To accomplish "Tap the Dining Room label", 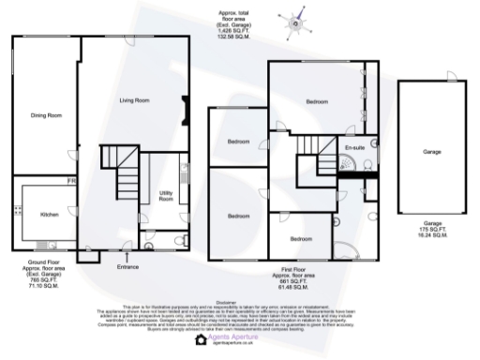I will tap(46, 115).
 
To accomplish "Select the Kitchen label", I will tap(50, 213).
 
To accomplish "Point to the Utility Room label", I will tap(167, 195).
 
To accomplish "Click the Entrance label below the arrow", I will tap(127, 267).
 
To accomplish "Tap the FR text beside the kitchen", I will tap(69, 179).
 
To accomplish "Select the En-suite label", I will tap(353, 148).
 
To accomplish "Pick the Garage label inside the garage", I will tap(431, 150).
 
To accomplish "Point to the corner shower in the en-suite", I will tap(347, 170).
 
